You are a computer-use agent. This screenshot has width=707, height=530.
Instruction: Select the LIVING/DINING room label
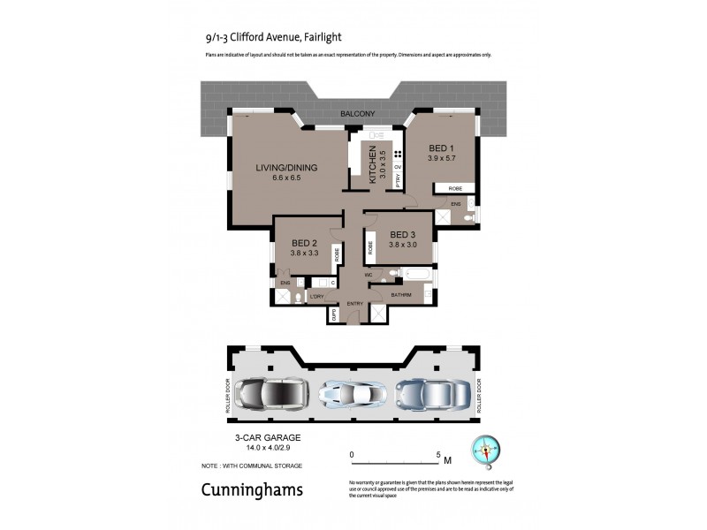click(x=286, y=167)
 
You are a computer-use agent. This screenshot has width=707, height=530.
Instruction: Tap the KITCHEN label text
click(x=375, y=165)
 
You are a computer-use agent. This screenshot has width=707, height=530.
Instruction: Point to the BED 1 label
click(x=442, y=148)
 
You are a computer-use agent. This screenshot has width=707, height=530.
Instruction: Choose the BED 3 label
click(x=402, y=235)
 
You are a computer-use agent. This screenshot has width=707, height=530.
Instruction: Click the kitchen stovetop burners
click(x=398, y=153)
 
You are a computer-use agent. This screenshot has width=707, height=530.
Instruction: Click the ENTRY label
click(x=355, y=304)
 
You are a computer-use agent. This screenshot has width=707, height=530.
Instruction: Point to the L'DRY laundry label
click(x=315, y=296)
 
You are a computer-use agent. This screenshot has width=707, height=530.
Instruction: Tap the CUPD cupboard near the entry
click(x=335, y=314)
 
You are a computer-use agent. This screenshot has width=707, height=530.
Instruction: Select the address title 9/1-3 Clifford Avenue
click(x=249, y=37)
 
